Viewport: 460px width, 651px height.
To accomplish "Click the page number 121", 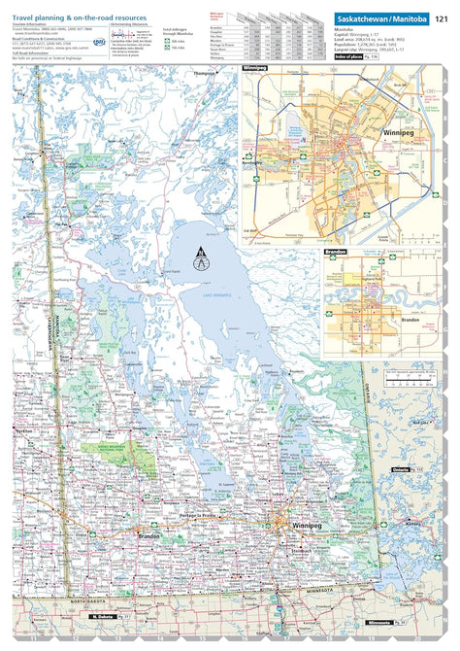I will click(442, 19).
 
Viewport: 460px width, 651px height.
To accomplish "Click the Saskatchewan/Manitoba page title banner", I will click(378, 19).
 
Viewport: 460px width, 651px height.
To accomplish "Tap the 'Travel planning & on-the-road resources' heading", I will click(80, 17).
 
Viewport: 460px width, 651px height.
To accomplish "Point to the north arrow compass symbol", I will click(201, 259).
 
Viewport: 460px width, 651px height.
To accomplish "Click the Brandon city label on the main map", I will click(149, 535).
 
